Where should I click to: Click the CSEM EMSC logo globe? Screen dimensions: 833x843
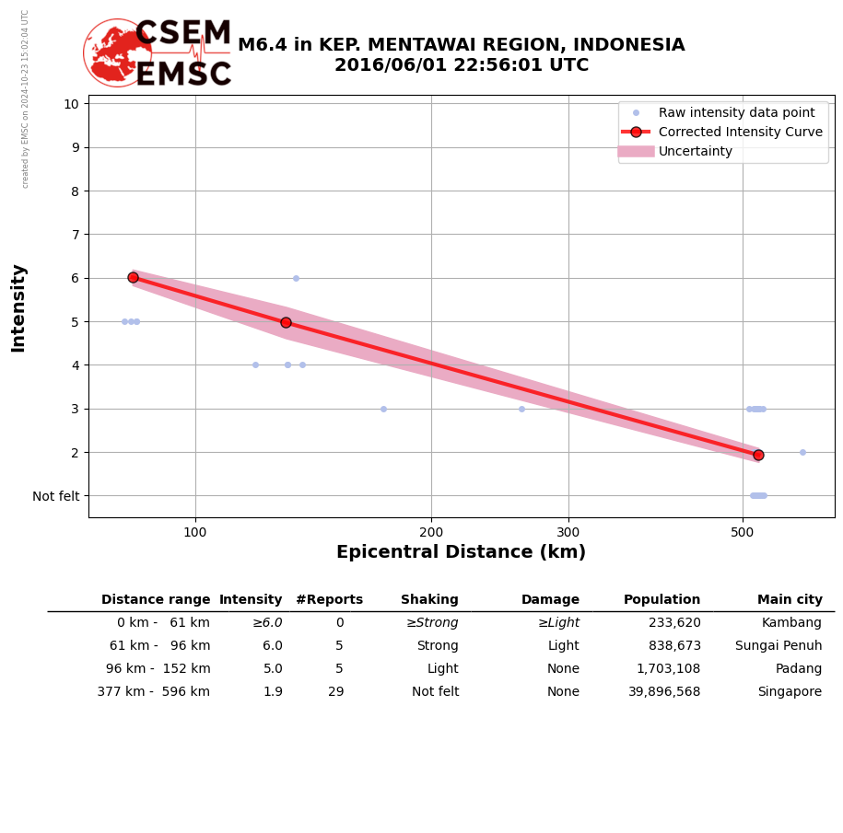pyautogui.click(x=117, y=52)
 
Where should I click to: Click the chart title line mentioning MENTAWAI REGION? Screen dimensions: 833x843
pyautogui.click(x=461, y=45)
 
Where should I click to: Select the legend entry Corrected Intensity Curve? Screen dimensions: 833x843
pyautogui.click(x=740, y=132)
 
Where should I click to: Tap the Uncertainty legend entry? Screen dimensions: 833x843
pyautogui.click(x=695, y=152)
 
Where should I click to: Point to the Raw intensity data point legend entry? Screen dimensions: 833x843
pyautogui.click(x=736, y=112)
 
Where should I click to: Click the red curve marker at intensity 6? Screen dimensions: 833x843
pyautogui.click(x=133, y=277)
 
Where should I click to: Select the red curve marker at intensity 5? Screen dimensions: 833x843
pyautogui.click(x=286, y=322)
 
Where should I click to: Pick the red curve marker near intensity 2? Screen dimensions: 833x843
pyautogui.click(x=758, y=455)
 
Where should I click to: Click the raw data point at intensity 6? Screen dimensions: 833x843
pyautogui.click(x=296, y=278)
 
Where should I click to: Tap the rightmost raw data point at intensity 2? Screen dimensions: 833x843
pyautogui.click(x=802, y=452)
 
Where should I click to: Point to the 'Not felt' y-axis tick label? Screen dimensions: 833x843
pyautogui.click(x=56, y=496)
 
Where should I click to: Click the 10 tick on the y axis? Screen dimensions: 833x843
pyautogui.click(x=71, y=103)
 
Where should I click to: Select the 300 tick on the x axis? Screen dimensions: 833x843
pyautogui.click(x=568, y=531)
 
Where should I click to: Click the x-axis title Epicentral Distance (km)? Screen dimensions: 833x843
pyautogui.click(x=461, y=552)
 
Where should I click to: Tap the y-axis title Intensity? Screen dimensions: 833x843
pyautogui.click(x=18, y=307)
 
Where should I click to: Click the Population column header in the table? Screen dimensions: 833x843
pyautogui.click(x=662, y=600)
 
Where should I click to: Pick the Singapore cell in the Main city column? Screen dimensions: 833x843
pyautogui.click(x=790, y=692)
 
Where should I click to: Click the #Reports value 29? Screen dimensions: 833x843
pyautogui.click(x=335, y=692)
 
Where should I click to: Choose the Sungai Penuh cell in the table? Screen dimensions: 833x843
pyautogui.click(x=779, y=646)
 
